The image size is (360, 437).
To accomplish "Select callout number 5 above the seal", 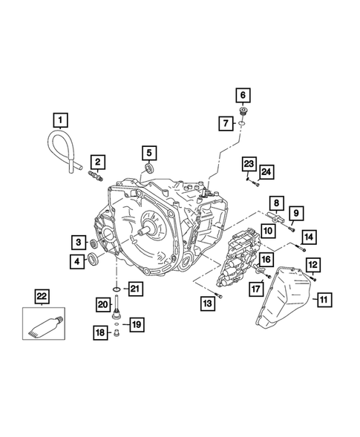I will (149, 153).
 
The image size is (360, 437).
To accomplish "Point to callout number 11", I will (324, 300).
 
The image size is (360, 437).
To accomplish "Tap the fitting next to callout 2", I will (96, 177).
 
